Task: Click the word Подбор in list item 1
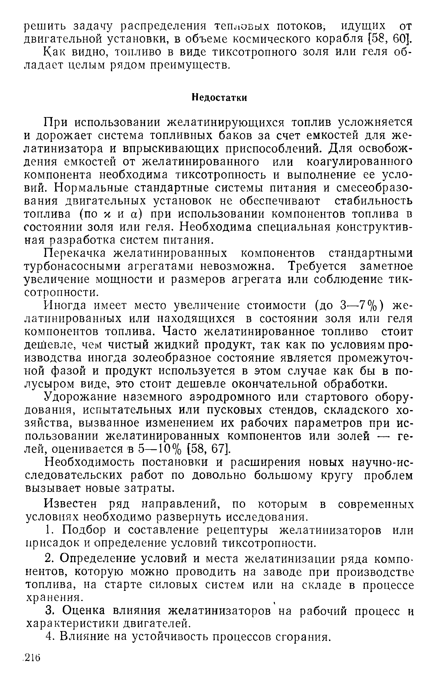[83, 530]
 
